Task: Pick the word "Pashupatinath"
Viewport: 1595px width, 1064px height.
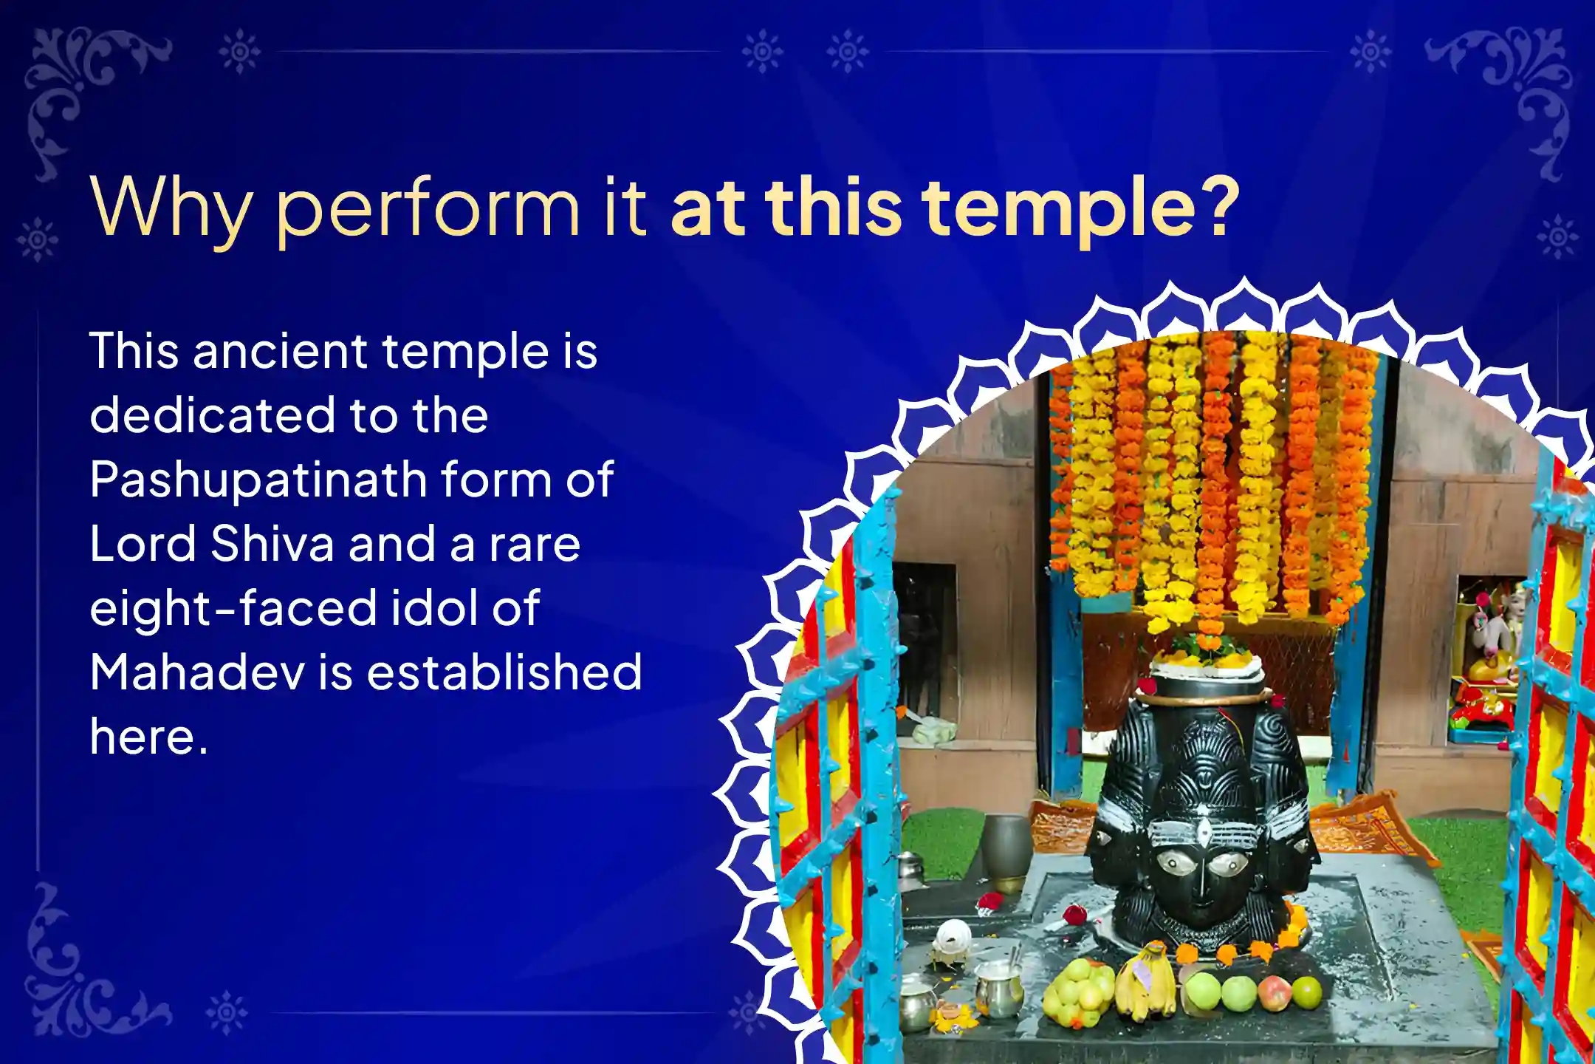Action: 258,480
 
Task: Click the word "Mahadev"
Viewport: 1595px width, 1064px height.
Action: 197,672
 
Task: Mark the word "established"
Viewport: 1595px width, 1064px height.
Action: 505,672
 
